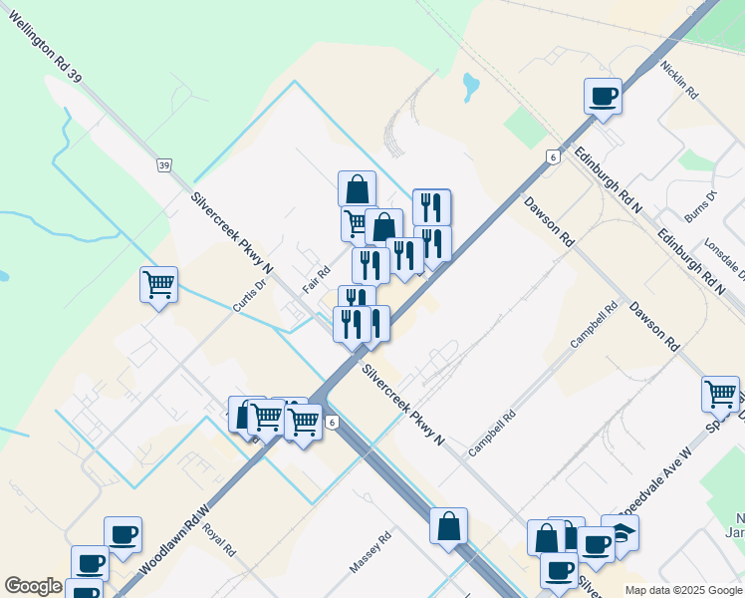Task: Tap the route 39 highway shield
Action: click(x=164, y=164)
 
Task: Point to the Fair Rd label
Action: click(x=317, y=279)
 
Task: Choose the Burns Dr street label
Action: click(x=701, y=207)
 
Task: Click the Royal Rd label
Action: click(x=219, y=537)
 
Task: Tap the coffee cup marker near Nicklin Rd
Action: click(x=603, y=97)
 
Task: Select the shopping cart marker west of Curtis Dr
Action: click(x=158, y=285)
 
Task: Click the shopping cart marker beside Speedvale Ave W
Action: click(x=720, y=393)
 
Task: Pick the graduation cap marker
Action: click(x=621, y=533)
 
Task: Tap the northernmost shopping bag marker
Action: click(x=357, y=188)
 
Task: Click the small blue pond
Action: click(x=470, y=88)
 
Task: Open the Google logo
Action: click(x=33, y=586)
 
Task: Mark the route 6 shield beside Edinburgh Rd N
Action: click(x=551, y=156)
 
